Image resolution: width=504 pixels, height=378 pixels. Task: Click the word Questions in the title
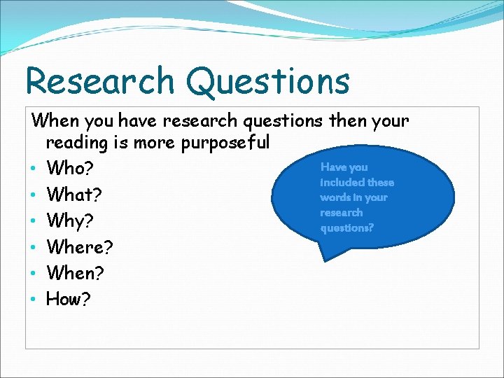pyautogui.click(x=268, y=82)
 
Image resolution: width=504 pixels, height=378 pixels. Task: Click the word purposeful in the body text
pyautogui.click(x=225, y=143)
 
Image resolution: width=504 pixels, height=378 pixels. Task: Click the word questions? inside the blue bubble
pyautogui.click(x=347, y=228)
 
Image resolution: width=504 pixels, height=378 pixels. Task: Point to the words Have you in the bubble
pyautogui.click(x=344, y=167)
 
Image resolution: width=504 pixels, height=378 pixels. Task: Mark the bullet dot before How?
pyautogui.click(x=34, y=300)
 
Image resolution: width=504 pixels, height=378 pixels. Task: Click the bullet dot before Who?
pyautogui.click(x=34, y=169)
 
